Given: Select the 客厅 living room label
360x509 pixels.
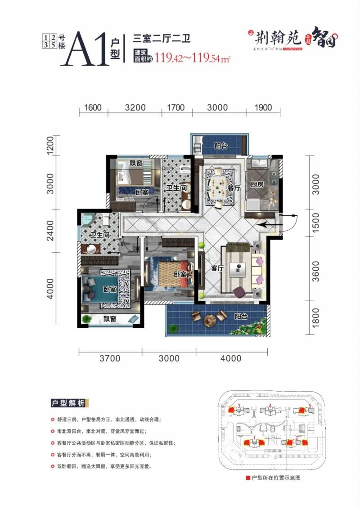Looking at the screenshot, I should (x=217, y=268).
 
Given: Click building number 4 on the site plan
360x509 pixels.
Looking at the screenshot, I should (x=270, y=406).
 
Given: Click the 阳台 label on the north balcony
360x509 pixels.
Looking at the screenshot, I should (x=220, y=146).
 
